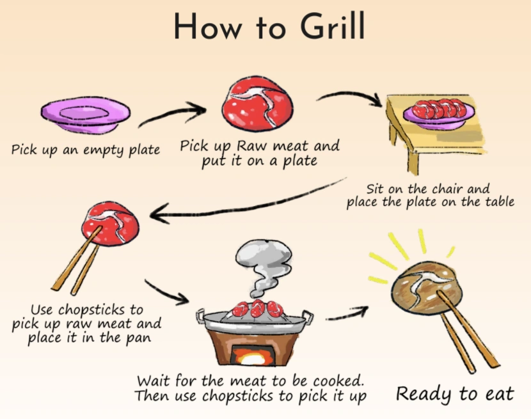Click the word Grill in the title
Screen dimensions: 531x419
click(332, 26)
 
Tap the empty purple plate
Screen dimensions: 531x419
click(85, 115)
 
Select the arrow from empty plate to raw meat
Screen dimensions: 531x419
click(172, 115)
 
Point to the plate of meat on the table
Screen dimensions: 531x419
click(439, 113)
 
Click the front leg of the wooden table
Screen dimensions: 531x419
click(413, 163)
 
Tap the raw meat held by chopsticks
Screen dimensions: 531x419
click(111, 223)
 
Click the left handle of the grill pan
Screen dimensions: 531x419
click(200, 316)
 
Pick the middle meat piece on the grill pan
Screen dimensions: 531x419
click(258, 308)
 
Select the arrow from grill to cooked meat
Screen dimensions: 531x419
click(347, 313)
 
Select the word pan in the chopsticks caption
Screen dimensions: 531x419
click(138, 339)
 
